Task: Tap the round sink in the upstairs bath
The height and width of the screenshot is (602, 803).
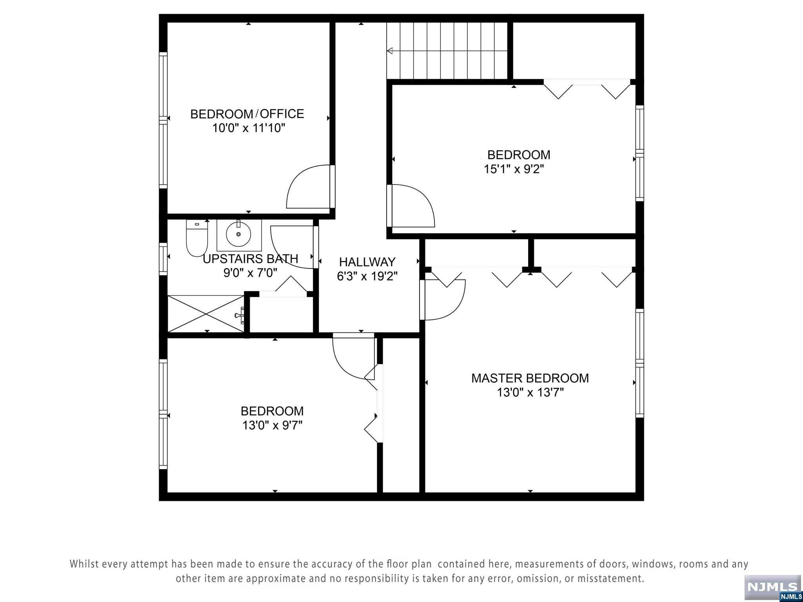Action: point(238,234)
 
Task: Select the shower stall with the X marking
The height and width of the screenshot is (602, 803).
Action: point(206,314)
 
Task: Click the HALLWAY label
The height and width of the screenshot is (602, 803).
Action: point(367,262)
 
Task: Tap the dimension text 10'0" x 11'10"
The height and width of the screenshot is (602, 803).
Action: point(249,128)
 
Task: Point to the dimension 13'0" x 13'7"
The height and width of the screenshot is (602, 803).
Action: point(530,392)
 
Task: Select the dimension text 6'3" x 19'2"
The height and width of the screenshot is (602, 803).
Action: point(367,276)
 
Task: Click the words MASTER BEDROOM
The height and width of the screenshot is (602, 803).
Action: point(530,378)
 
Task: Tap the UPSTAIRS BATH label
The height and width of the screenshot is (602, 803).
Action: point(251,259)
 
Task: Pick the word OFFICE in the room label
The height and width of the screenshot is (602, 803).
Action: point(282,114)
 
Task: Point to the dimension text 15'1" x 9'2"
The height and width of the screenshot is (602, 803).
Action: point(514,169)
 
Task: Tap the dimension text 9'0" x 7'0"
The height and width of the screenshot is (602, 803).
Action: point(250,273)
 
